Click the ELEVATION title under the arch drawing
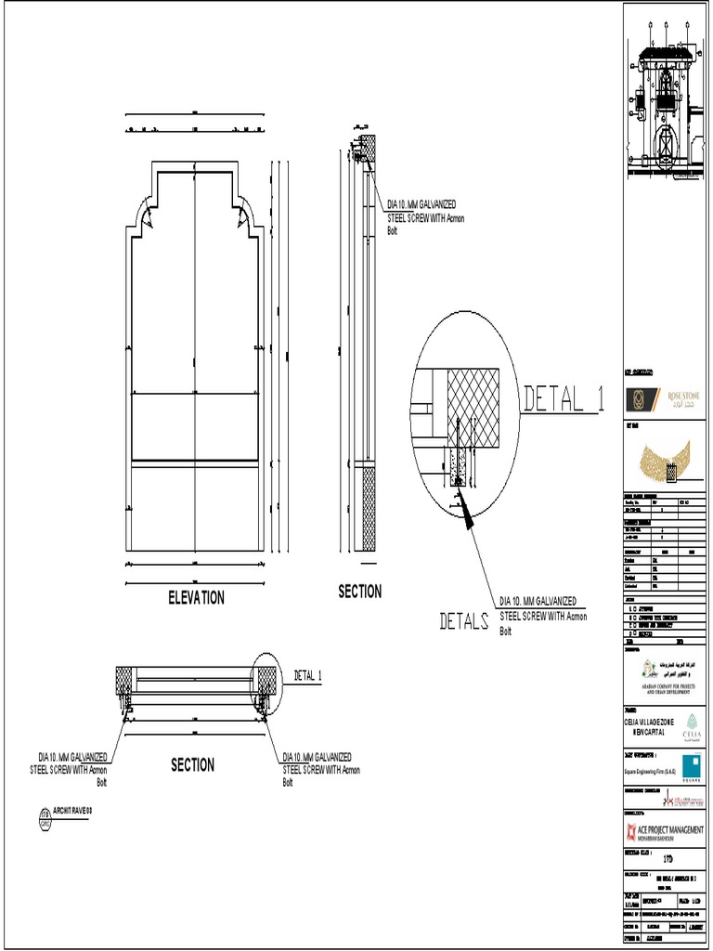[x=196, y=598]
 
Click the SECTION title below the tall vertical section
[x=359, y=592]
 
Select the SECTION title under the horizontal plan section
[x=192, y=765]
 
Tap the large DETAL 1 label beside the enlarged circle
[x=564, y=399]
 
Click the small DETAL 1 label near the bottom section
[x=308, y=675]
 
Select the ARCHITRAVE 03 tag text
[x=73, y=811]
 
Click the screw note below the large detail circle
[x=543, y=616]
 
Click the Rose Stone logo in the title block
[x=665, y=400]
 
